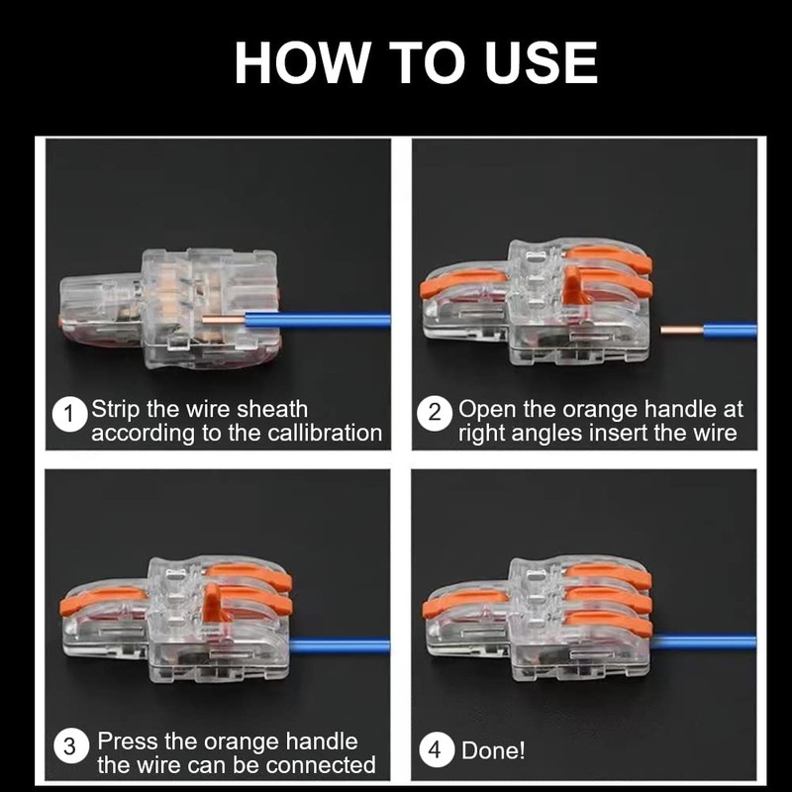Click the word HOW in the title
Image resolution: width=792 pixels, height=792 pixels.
point(301,62)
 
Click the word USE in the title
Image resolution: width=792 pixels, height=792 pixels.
point(541,62)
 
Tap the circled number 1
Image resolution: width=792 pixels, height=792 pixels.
point(69,414)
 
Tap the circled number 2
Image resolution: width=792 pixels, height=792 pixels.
point(435,413)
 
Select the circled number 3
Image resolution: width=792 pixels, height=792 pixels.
point(70,745)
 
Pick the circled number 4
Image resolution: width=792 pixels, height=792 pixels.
point(436,749)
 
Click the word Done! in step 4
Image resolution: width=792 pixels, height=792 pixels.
point(493,750)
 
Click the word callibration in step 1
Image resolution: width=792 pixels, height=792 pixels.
point(325,434)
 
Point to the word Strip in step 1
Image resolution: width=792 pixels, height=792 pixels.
point(115,410)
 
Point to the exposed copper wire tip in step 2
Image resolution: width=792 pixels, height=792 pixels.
point(682,330)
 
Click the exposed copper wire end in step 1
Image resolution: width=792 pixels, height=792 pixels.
point(224,319)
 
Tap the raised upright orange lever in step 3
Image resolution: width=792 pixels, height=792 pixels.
point(212,602)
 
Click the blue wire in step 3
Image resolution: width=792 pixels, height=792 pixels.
point(340,646)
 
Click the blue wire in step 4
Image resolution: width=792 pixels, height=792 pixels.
point(703,643)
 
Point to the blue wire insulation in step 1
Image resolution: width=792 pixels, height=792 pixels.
point(318,321)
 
